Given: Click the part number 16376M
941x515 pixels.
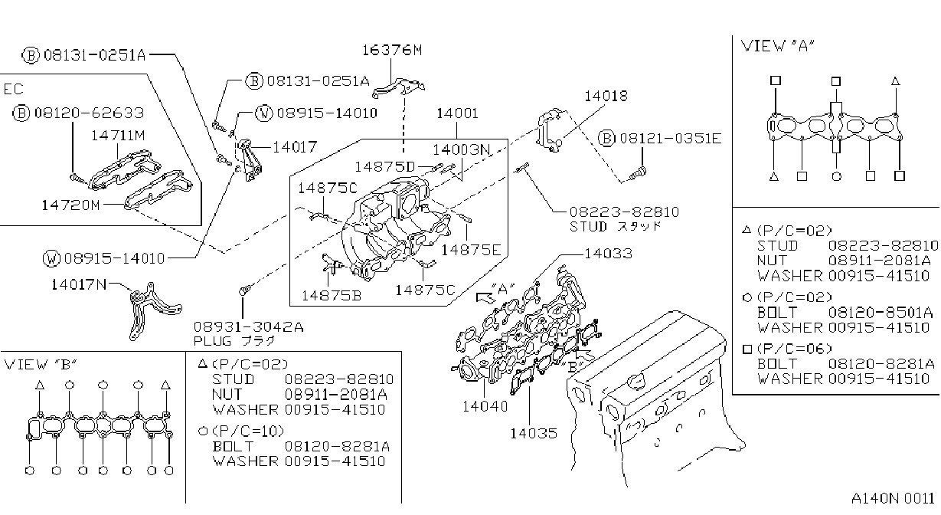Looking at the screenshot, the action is pyautogui.click(x=392, y=51).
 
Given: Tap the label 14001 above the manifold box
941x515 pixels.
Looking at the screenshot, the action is pyautogui.click(x=457, y=113).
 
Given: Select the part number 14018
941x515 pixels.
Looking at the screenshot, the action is pyautogui.click(x=606, y=97).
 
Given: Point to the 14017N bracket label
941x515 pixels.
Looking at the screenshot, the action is pyautogui.click(x=79, y=284).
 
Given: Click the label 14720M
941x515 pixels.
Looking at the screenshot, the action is pyautogui.click(x=70, y=205).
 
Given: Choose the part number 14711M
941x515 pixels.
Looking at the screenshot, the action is pyautogui.click(x=118, y=136).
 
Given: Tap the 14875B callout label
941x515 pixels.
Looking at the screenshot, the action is pyautogui.click(x=332, y=296).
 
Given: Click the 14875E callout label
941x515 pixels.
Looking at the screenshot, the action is pyautogui.click(x=471, y=250).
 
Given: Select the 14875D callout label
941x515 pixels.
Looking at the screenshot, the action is pyautogui.click(x=385, y=167).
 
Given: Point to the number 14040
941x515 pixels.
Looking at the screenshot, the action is pyautogui.click(x=485, y=406).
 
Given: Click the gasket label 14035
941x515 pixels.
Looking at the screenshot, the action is pyautogui.click(x=534, y=434).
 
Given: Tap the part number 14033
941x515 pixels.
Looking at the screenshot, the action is pyautogui.click(x=608, y=254).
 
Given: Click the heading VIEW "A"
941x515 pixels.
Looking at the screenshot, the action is pyautogui.click(x=778, y=46).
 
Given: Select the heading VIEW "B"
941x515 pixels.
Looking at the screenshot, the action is pyautogui.click(x=41, y=364).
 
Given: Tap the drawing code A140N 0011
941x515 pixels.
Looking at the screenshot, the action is pyautogui.click(x=893, y=499).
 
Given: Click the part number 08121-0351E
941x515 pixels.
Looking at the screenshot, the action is pyautogui.click(x=671, y=138).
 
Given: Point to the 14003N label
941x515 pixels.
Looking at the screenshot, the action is pyautogui.click(x=461, y=149).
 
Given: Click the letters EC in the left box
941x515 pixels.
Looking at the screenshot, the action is pyautogui.click(x=14, y=89).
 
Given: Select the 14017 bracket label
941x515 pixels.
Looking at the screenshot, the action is pyautogui.click(x=295, y=147).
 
